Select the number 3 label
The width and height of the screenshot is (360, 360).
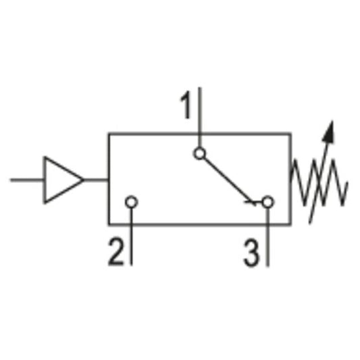[x=251, y=254]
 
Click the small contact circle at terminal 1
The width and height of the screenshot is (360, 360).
[x=199, y=153]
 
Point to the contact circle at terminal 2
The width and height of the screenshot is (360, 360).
[x=132, y=202]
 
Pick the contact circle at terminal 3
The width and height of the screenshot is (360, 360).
[x=267, y=202]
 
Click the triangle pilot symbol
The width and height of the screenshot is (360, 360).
[x=61, y=180]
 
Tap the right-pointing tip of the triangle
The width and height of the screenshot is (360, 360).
[x=83, y=180]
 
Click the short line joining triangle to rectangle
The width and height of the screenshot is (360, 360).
[x=96, y=180]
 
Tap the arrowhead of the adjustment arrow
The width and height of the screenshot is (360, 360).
[x=330, y=130]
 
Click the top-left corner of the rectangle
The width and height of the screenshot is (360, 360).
[x=109, y=134]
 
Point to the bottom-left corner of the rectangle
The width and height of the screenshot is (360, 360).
[x=109, y=224]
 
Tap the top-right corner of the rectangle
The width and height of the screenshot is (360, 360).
[x=291, y=134]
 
